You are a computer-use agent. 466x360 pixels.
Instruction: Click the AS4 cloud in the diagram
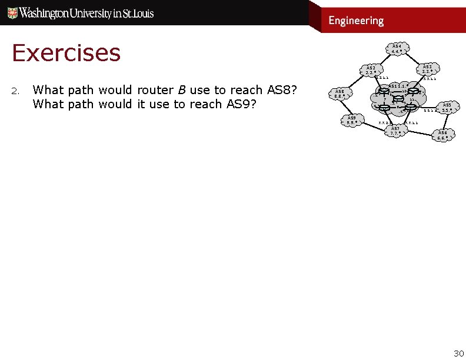click(397, 48)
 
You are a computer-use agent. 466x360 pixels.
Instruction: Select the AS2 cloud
click(371, 70)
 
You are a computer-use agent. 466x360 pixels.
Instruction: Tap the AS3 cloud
click(428, 69)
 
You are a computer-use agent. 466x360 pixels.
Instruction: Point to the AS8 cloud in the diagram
click(339, 94)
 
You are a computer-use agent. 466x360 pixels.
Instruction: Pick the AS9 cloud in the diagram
click(351, 120)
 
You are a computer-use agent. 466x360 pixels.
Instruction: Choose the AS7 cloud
click(395, 131)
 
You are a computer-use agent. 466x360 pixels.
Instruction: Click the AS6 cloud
click(442, 135)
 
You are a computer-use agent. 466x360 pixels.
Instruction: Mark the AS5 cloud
click(447, 107)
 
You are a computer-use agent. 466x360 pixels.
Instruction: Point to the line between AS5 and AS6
click(446, 121)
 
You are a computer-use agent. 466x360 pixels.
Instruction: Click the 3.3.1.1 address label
click(430, 79)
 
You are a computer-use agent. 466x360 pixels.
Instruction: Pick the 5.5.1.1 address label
click(430, 111)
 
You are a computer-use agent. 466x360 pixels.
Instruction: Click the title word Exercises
click(66, 53)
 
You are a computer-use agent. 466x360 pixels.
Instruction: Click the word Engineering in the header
click(356, 21)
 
